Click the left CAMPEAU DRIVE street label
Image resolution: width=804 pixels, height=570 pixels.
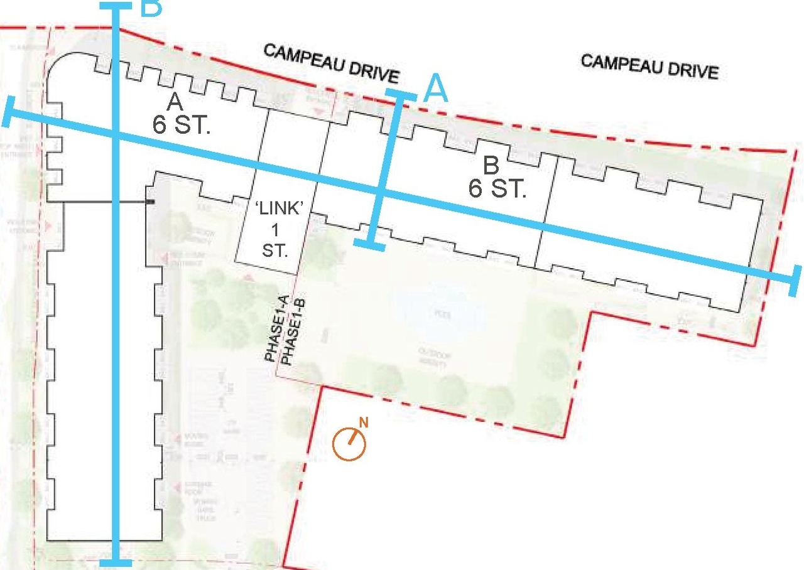[332, 63]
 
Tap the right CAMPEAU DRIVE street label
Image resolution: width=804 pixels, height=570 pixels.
[649, 66]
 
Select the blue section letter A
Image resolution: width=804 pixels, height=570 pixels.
[437, 89]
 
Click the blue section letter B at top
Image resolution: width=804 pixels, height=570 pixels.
[151, 8]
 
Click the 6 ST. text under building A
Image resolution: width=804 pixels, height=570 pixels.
[181, 124]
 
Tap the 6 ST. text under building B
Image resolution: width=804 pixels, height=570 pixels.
[496, 188]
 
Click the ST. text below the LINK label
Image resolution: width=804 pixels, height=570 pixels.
[274, 252]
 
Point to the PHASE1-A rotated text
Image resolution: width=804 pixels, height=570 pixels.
[276, 330]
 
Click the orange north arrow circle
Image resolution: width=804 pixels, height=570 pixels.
[349, 444]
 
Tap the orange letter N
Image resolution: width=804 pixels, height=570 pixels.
[364, 422]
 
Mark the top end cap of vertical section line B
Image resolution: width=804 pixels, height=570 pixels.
[115, 6]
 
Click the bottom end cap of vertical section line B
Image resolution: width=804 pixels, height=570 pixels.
[116, 562]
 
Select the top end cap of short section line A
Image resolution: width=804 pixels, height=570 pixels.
[400, 95]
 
